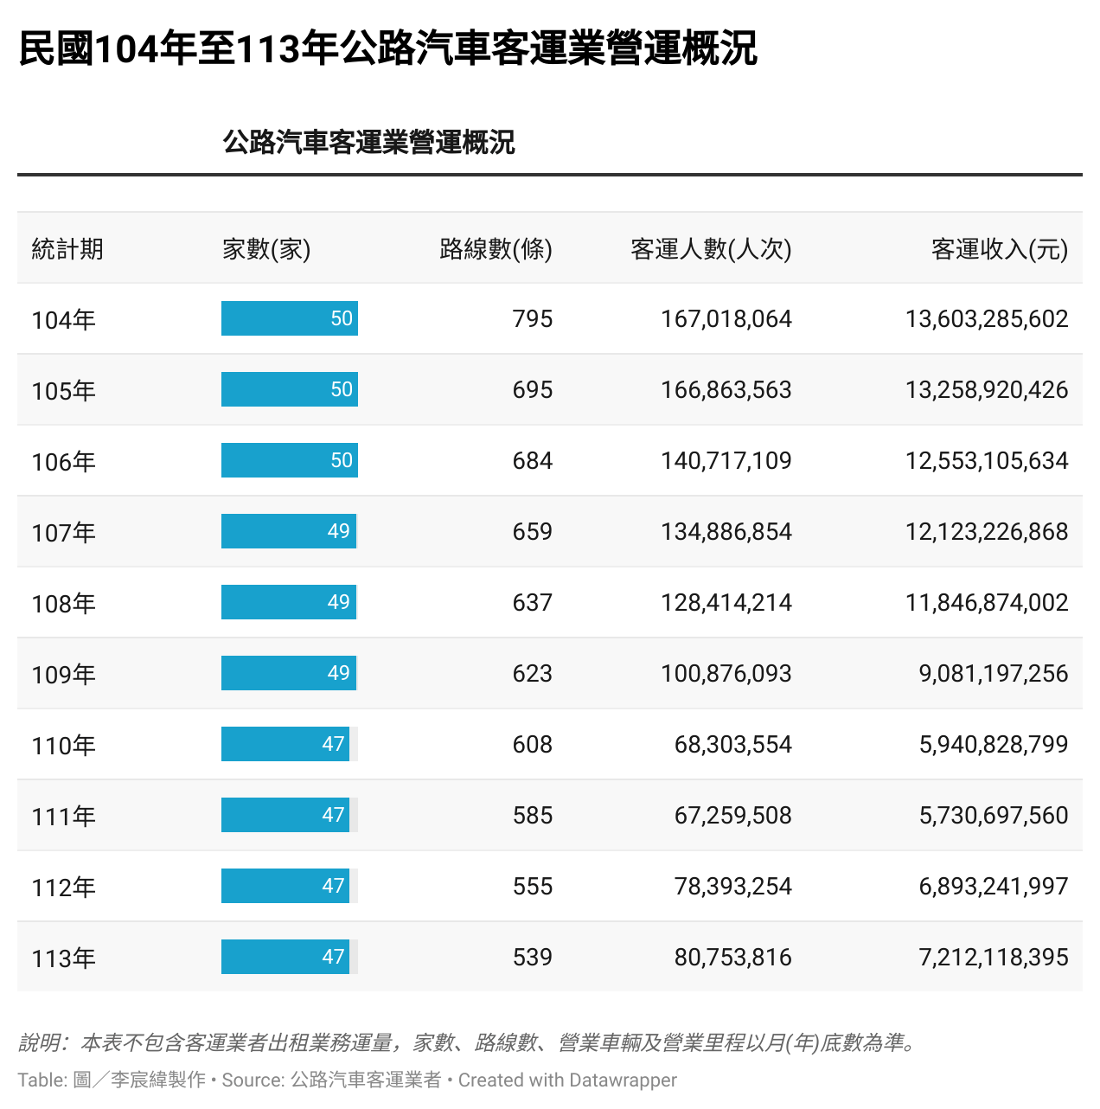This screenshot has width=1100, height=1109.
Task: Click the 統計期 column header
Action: coord(67,249)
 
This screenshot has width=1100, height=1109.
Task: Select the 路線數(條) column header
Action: coord(496,249)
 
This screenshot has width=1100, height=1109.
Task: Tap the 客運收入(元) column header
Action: coord(999,249)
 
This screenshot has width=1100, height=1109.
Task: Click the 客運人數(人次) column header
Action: coord(711,249)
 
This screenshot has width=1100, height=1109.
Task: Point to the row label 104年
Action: coord(63,320)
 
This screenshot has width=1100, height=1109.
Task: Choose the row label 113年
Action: coord(63,958)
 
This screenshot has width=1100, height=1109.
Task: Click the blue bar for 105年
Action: coord(289,389)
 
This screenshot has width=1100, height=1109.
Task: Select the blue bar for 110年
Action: coord(285,744)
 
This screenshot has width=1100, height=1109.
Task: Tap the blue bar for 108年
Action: coord(288,602)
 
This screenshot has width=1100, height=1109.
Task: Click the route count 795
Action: coord(532,319)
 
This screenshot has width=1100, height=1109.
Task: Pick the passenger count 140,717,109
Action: coord(726,461)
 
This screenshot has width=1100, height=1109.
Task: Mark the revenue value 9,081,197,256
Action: coord(993,674)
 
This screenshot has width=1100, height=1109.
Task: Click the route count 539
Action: coord(532,958)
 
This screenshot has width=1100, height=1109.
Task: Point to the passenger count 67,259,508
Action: coord(732,816)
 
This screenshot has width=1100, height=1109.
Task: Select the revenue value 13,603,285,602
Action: coord(986,319)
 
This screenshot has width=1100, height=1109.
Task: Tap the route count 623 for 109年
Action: coord(532,674)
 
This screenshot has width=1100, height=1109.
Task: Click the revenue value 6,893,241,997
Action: coord(993,887)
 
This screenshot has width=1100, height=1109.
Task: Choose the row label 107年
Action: coord(63,533)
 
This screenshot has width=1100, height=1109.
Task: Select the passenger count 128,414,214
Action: coord(726,603)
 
